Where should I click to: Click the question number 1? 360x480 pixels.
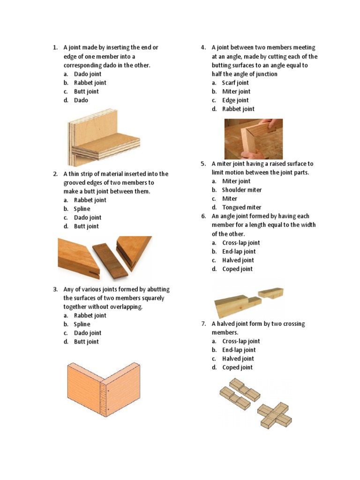tap(55, 47)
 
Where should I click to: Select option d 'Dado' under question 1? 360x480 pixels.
tap(81, 100)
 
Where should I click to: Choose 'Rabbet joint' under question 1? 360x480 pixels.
tap(90, 82)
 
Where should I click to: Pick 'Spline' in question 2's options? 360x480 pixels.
tap(82, 209)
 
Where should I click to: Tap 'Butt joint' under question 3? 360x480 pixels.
tap(86, 342)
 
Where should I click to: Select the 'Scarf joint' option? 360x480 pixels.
tap(235, 82)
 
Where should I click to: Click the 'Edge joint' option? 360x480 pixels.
tap(235, 100)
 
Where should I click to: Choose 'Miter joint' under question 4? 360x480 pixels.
tap(236, 91)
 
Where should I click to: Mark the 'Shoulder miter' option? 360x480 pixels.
tap(242, 190)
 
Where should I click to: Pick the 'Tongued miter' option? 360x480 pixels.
tap(242, 207)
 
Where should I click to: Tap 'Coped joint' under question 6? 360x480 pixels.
tap(238, 269)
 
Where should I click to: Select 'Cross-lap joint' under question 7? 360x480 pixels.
tap(241, 341)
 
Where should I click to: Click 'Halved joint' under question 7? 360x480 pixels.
tap(238, 359)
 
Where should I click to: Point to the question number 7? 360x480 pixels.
tap(203, 323)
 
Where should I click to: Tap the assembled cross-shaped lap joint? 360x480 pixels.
tap(274, 415)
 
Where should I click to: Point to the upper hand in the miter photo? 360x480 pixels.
tap(270, 124)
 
